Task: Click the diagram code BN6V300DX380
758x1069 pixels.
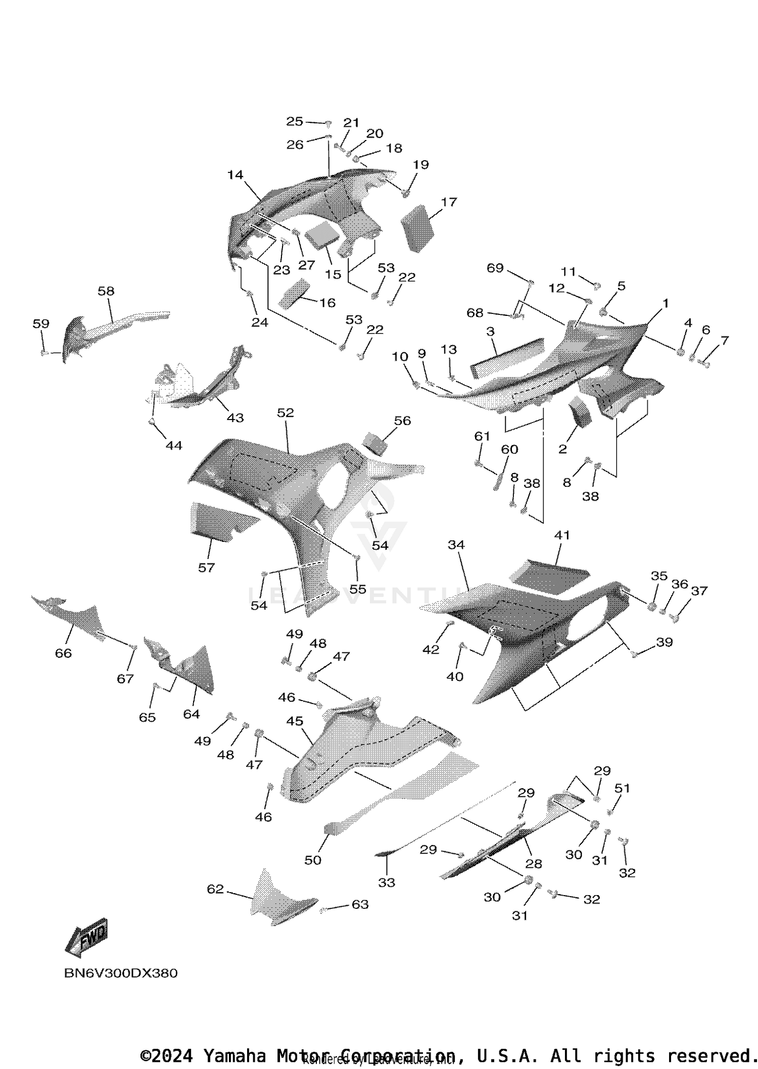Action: click(121, 973)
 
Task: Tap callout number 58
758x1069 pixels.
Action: click(106, 291)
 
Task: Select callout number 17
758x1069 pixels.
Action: click(449, 202)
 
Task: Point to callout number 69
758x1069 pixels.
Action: click(495, 268)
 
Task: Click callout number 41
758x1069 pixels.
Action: click(562, 535)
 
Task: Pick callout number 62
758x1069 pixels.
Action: click(215, 889)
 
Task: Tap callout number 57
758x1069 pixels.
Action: click(206, 568)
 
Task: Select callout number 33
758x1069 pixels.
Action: click(387, 882)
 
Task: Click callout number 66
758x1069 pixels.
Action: click(63, 653)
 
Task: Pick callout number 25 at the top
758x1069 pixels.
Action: click(295, 121)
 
